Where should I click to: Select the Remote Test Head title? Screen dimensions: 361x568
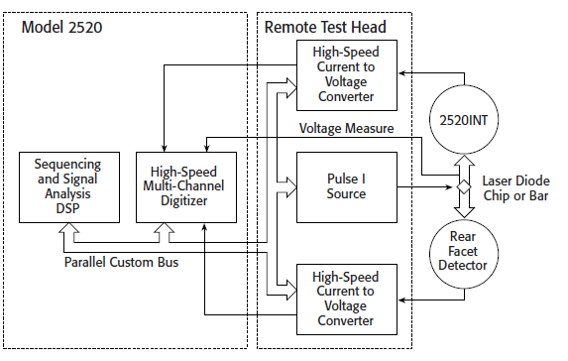coord(325,27)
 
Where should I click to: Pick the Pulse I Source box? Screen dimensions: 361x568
coord(346,184)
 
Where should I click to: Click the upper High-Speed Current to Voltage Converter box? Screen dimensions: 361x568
coord(346,75)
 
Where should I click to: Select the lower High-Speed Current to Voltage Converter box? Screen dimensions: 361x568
coord(346,300)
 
